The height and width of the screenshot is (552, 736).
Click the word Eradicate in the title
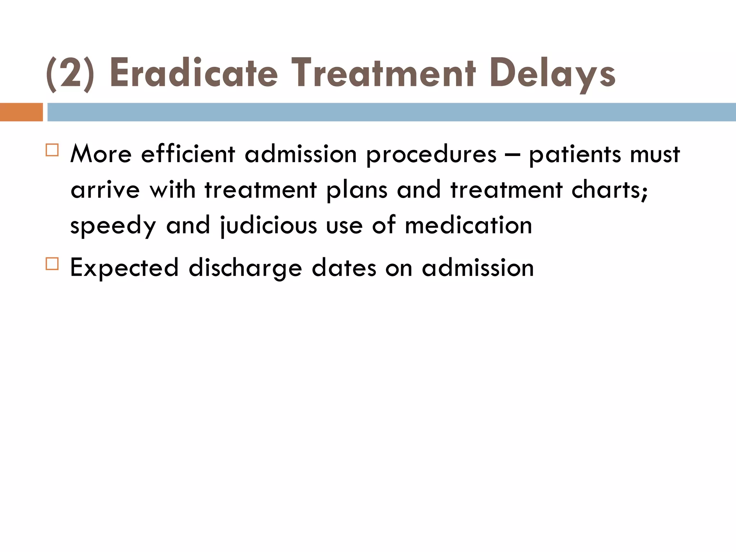pyautogui.click(x=194, y=73)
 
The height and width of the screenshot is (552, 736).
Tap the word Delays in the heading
pyautogui.click(x=552, y=74)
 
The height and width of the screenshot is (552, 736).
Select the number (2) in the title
pyautogui.click(x=70, y=74)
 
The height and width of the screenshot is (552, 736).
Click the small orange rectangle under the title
pyautogui.click(x=21, y=112)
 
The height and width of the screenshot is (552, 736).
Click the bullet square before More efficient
pyautogui.click(x=52, y=150)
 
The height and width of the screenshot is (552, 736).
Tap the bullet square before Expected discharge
pyautogui.click(x=52, y=264)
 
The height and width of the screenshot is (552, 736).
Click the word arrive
pyautogui.click(x=105, y=190)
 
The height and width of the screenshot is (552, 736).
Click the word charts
pyautogui.click(x=609, y=190)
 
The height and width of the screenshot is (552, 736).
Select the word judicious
pyautogui.click(x=268, y=226)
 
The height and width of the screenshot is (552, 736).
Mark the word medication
pyautogui.click(x=468, y=226)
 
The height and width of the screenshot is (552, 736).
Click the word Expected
pyautogui.click(x=124, y=268)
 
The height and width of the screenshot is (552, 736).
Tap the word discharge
pyautogui.click(x=245, y=268)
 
